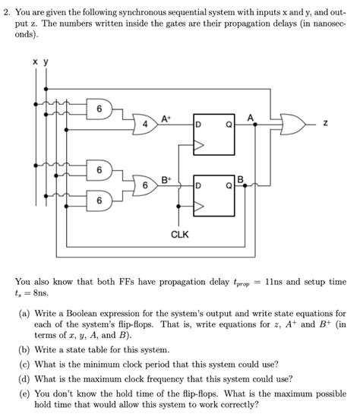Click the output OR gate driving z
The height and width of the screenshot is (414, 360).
[292, 122]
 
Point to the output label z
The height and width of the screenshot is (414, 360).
[325, 122]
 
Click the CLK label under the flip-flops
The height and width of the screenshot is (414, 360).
[179, 235]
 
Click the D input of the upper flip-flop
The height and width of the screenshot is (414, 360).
[199, 124]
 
